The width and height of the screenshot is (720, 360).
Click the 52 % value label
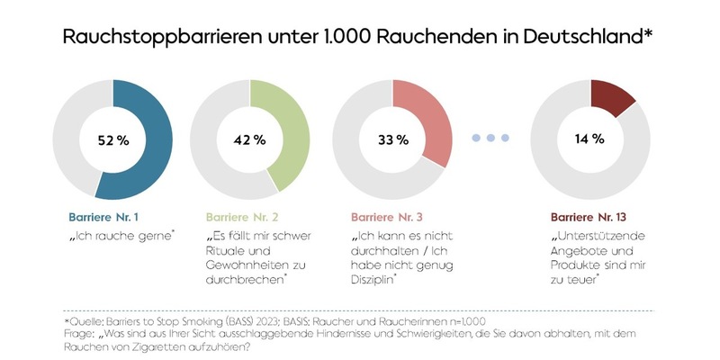(112, 139)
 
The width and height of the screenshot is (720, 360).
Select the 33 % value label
(392, 139)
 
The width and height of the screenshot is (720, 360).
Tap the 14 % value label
(590, 139)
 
